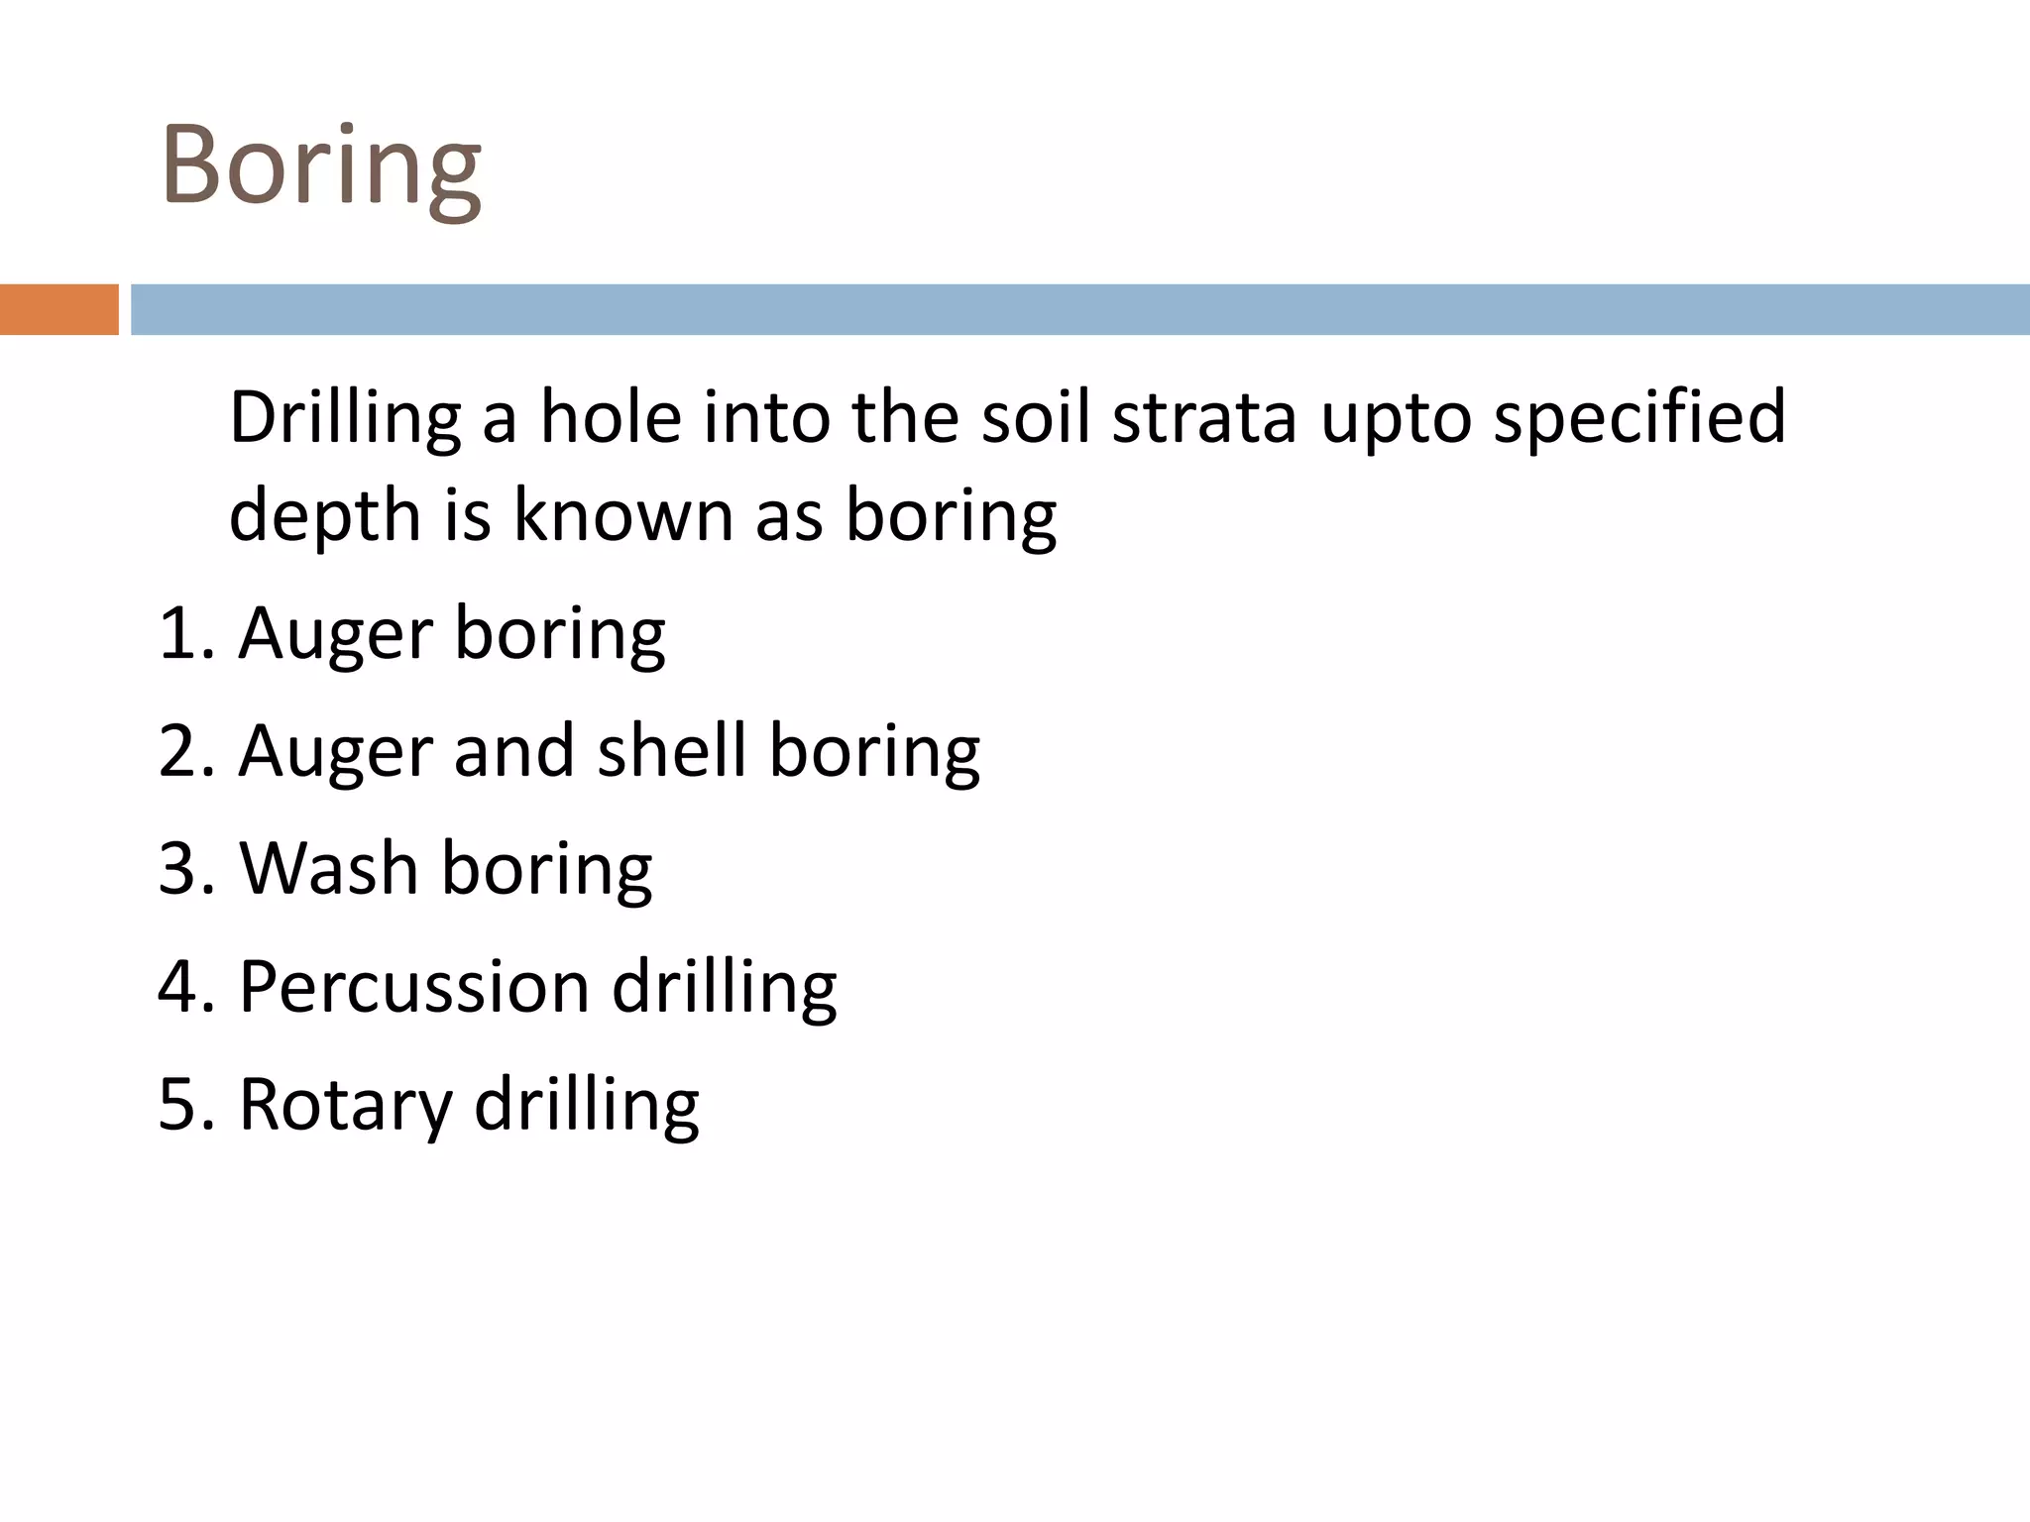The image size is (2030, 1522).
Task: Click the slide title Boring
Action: pyautogui.click(x=321, y=166)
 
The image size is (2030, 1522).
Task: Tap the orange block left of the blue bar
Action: pyautogui.click(x=58, y=309)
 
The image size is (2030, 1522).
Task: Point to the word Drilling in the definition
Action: pyautogui.click(x=345, y=418)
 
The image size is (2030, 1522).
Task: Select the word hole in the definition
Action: pyautogui.click(x=610, y=416)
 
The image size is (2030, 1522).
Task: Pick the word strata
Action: pyautogui.click(x=1204, y=416)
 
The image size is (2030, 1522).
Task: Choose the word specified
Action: pyautogui.click(x=1639, y=418)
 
